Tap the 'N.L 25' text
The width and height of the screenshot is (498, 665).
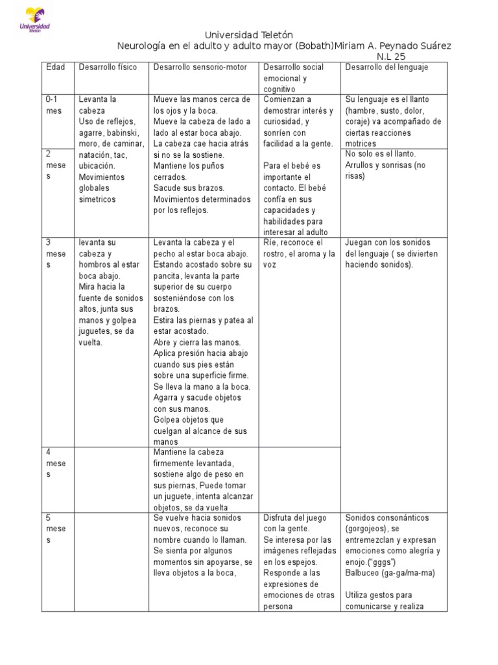pyautogui.click(x=391, y=56)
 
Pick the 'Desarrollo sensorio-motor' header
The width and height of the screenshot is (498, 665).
pyautogui.click(x=200, y=68)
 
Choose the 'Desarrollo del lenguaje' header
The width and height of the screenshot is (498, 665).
pyautogui.click(x=386, y=68)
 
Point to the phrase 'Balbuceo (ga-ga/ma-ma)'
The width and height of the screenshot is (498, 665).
pyautogui.click(x=390, y=573)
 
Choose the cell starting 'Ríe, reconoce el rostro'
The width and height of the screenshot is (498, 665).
pyautogui.click(x=299, y=253)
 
